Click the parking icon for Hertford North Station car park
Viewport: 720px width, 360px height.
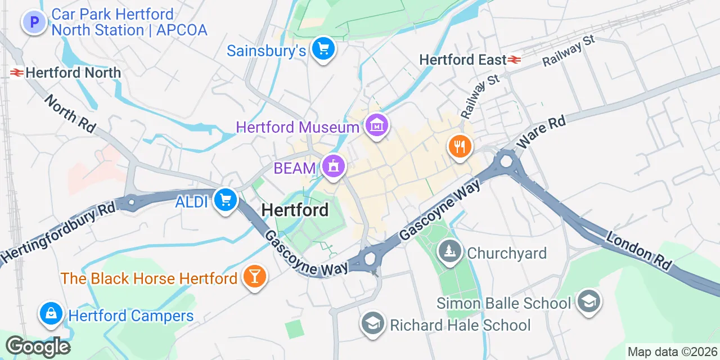tap(34, 22)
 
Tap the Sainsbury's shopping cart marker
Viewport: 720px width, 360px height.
tap(323, 49)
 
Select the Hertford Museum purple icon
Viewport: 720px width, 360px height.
tap(376, 125)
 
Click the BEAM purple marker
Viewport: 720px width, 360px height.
tap(334, 166)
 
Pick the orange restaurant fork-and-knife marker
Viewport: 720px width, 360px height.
tap(460, 147)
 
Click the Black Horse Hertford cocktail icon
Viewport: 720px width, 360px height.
tap(254, 276)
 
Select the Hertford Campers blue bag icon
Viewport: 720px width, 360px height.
tap(51, 314)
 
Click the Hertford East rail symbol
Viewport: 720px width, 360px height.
tap(514, 60)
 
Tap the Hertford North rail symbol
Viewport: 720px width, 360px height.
tap(16, 73)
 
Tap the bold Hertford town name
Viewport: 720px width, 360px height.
tap(295, 210)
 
